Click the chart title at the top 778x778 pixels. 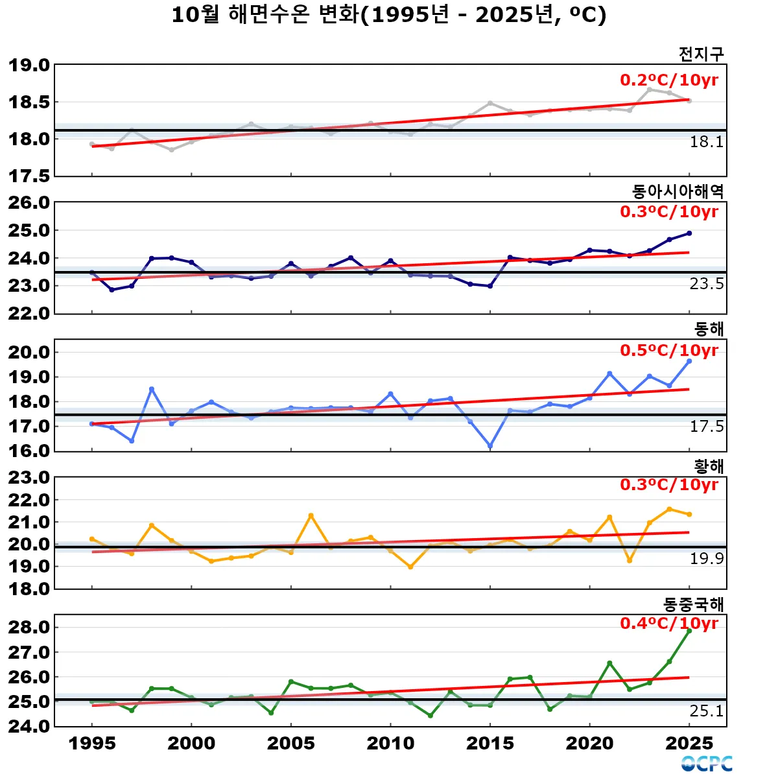(389, 15)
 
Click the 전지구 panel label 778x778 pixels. (701, 54)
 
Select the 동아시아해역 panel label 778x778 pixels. (678, 191)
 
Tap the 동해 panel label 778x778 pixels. (709, 329)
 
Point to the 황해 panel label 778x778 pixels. (709, 466)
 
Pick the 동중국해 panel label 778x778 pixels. (693, 604)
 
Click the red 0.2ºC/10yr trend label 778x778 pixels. (669, 80)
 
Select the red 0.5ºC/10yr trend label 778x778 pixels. (669, 350)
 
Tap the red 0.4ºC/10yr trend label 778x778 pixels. (669, 623)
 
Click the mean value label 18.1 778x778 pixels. (706, 142)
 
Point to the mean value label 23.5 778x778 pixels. (706, 284)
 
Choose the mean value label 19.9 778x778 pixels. (706, 559)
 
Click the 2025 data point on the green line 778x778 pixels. (689, 630)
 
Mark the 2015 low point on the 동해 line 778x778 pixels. (490, 446)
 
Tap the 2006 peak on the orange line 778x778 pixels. (311, 515)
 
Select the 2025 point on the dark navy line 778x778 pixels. (689, 233)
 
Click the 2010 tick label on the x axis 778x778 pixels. (390, 743)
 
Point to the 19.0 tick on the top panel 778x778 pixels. (29, 65)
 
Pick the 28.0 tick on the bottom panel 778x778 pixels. (29, 627)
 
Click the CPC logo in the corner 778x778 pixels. (707, 764)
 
